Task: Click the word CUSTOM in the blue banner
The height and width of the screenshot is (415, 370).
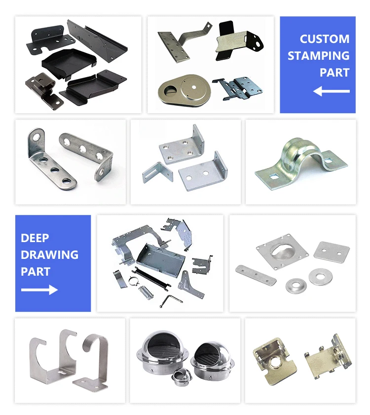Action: [324, 39]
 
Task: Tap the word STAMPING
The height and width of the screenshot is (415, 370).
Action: [319, 55]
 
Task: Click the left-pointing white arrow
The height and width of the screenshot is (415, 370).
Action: [332, 91]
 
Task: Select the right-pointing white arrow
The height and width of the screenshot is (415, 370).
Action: [39, 290]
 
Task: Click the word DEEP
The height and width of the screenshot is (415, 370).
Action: [35, 238]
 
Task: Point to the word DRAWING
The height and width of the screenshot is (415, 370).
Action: [50, 254]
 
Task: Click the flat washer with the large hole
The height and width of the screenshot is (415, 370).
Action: [321, 277]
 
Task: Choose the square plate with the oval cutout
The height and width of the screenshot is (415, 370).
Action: [282, 252]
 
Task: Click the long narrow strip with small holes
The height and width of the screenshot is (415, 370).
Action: [256, 275]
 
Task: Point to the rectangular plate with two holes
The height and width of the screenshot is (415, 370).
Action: [332, 250]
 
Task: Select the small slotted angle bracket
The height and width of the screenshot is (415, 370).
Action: [158, 172]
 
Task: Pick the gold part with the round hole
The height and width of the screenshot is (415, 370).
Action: [275, 361]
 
